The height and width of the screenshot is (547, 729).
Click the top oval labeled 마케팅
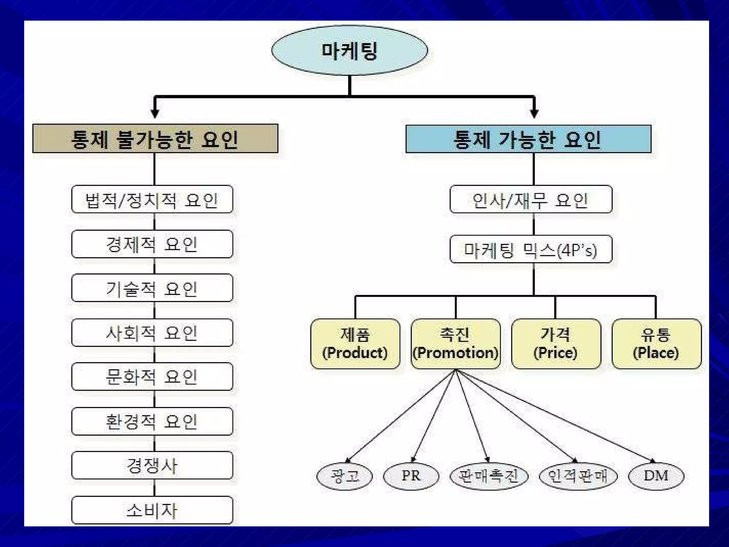349,50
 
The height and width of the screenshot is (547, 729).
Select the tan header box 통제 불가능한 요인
155,139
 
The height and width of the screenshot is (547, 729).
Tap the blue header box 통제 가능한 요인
528,139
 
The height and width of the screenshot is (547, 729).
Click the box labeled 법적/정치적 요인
152,199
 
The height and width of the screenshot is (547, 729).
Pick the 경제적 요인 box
152,244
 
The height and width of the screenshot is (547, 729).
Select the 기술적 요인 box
152,288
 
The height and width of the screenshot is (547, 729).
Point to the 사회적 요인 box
152,333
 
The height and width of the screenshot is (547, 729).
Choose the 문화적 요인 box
152,377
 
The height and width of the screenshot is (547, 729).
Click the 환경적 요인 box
152,421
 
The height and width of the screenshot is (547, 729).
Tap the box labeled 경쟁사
152,465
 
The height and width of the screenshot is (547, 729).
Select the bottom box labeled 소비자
152,510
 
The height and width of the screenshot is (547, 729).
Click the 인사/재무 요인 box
531,199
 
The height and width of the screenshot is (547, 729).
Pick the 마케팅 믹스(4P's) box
531,249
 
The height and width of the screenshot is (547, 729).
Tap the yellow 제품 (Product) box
355,344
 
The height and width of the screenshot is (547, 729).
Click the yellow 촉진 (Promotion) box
455,344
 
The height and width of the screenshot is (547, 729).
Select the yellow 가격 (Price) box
556,344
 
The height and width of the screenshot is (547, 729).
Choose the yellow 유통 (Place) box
656,344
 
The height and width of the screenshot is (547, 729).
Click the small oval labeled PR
411,476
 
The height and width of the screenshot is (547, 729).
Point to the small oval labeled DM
656,476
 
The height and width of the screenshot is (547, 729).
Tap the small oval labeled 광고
345,476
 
